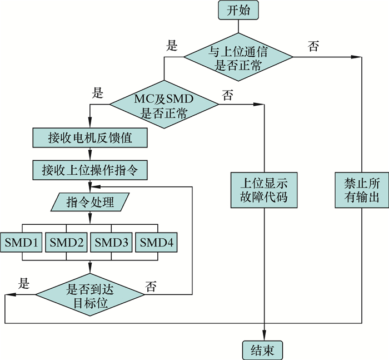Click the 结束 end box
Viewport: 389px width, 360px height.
pos(262,350)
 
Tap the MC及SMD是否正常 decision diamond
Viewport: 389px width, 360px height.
pos(164,106)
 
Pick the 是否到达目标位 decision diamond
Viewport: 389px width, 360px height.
pos(89,295)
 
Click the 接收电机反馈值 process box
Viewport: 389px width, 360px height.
pos(89,137)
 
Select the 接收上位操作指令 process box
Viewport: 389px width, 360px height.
pos(89,170)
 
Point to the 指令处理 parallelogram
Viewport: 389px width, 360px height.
pos(89,202)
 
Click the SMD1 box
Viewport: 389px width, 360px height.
pos(22,242)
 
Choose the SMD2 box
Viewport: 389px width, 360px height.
pos(67,242)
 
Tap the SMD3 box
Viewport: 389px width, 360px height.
pos(112,242)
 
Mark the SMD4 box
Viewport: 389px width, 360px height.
pos(157,242)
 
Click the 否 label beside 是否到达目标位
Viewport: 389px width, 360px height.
pos(151,287)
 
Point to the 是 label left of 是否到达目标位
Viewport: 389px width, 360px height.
pos(24,283)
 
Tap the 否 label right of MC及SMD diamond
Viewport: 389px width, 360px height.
pos(228,95)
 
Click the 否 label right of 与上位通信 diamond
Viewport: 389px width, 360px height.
pos(313,47)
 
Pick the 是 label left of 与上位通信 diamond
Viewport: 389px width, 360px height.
pos(172,46)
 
